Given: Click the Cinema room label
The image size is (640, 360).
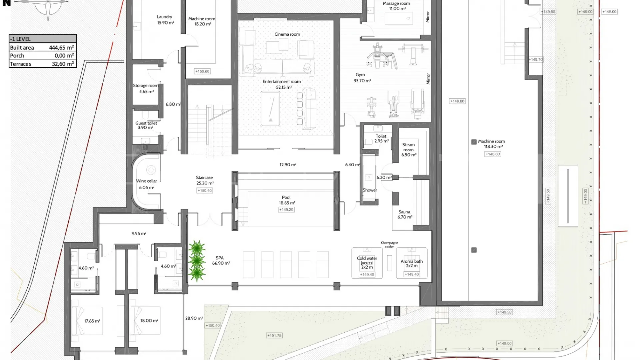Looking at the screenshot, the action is click(287, 34).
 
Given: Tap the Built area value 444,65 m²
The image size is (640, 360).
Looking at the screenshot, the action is click(61, 48).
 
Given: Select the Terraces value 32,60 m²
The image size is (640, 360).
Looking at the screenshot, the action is click(63, 64).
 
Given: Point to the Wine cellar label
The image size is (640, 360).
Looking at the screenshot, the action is click(146, 181).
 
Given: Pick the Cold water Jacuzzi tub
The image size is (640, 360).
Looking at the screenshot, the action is click(367, 263).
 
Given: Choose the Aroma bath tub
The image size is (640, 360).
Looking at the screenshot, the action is click(412, 263).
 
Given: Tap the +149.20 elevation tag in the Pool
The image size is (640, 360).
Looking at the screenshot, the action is click(286, 210).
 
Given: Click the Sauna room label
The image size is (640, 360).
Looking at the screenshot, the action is click(404, 212).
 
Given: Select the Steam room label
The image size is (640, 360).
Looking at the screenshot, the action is click(408, 147).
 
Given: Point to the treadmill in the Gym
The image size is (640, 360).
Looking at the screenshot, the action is click(417, 104).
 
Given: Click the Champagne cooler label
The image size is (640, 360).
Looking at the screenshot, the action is click(389, 245).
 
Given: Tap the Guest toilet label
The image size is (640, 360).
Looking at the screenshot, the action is click(146, 123).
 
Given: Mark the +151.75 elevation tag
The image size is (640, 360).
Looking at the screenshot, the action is click(274, 336).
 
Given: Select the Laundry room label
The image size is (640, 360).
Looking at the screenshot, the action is click(164, 17).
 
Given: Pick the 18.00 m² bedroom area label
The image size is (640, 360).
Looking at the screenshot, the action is click(149, 321).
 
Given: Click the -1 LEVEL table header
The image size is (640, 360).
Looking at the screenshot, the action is click(43, 39).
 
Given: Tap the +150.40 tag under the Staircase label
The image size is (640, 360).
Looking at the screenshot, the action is click(205, 191).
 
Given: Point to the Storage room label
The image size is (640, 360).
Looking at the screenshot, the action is click(146, 86).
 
